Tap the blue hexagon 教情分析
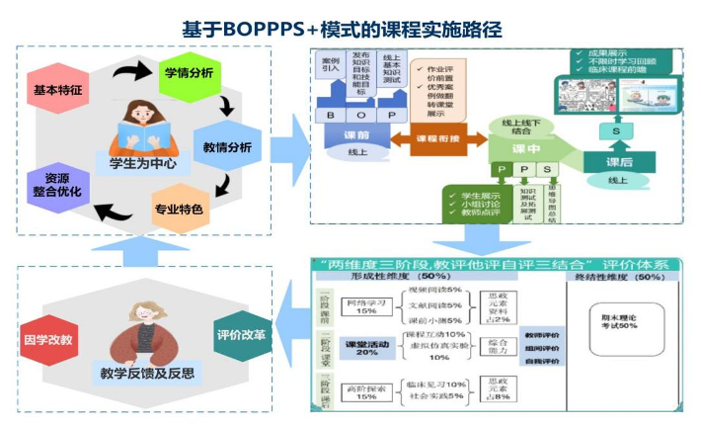click(226, 146)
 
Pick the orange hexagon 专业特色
click(179, 209)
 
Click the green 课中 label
click(526, 148)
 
